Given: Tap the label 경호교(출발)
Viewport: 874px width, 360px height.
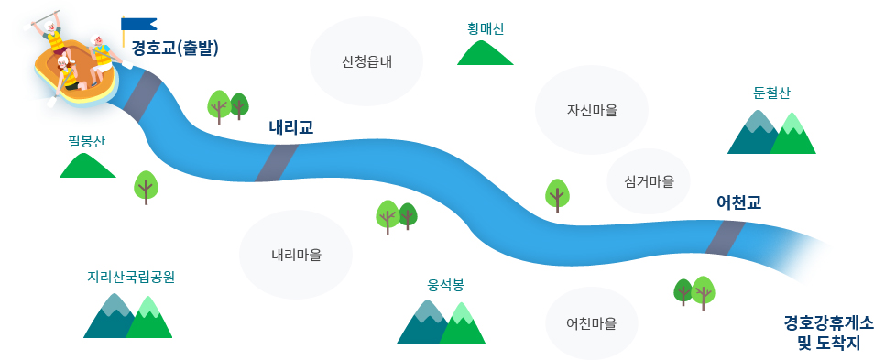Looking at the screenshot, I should click(175, 48).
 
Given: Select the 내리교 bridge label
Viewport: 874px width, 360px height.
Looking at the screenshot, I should click(291, 127).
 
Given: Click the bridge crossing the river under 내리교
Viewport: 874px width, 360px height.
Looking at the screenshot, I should click(276, 162).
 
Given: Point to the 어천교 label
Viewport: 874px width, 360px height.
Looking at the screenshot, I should click(739, 202).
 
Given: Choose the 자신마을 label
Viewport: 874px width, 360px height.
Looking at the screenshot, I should click(592, 110).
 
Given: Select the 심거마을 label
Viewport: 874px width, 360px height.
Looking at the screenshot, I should click(649, 181).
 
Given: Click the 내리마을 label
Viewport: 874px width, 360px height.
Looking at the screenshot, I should click(296, 254).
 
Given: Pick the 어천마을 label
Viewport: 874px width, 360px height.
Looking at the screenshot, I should click(591, 323).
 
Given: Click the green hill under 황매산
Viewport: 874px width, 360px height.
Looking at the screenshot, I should click(485, 53).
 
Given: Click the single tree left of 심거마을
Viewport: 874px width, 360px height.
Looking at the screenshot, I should click(557, 195).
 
